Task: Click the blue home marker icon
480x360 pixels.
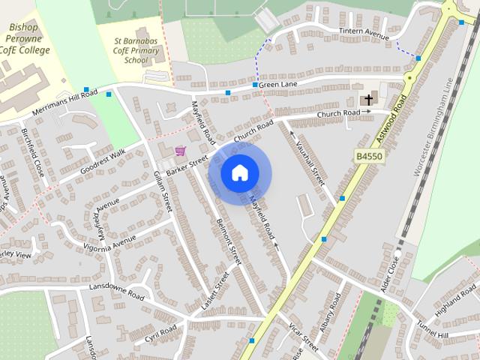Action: pos(239,173)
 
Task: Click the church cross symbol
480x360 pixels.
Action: pos(367,99)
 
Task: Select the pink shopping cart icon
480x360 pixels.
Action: pos(180,151)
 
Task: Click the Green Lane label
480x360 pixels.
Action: pos(279,85)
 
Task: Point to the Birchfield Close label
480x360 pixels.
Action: pos(34,152)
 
